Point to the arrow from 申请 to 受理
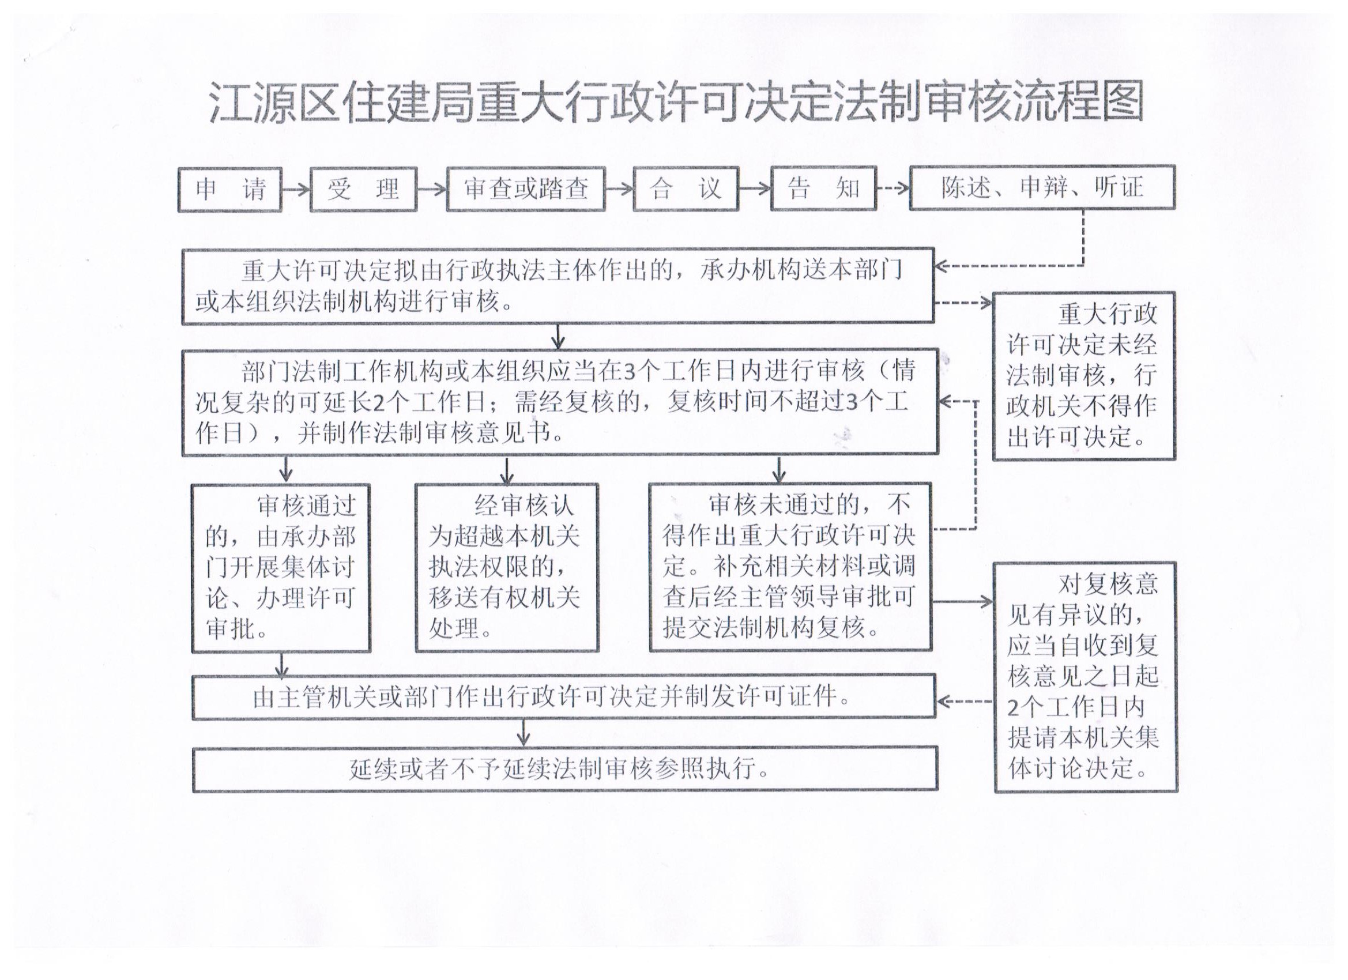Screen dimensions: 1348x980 pos(296,190)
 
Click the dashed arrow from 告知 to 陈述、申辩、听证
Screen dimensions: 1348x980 pos(893,189)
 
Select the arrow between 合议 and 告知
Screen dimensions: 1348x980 pos(755,189)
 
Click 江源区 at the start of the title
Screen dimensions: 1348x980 pos(274,102)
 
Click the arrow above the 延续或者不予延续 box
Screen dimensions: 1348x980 pos(523,733)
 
